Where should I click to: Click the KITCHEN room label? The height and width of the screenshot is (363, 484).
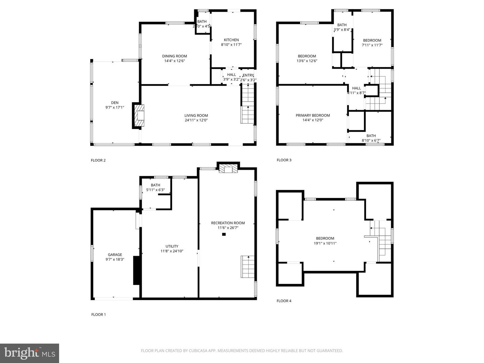pos(231,40)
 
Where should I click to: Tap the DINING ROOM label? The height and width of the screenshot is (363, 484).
pos(174,56)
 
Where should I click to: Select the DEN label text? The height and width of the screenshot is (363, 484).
pos(115,103)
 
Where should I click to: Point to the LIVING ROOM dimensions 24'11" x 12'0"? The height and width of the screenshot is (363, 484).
pos(196,120)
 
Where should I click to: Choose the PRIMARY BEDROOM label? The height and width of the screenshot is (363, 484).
pos(313,115)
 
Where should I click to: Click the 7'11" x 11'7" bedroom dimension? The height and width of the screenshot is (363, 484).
pos(372,45)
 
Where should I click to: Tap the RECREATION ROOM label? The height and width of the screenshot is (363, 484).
pos(228,223)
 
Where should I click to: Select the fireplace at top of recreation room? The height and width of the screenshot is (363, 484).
pos(228,169)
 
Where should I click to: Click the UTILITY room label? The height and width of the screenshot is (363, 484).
pos(172,246)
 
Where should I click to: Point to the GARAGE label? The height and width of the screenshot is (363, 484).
pos(115,255)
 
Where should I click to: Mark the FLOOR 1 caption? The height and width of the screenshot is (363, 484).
pos(98,315)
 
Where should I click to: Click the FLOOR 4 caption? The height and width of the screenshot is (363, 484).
pos(284,301)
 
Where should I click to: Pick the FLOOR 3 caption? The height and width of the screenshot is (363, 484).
pos(284,160)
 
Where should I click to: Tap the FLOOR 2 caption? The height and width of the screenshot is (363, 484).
pos(98,160)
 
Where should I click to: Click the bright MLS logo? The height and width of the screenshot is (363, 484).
pos(30,353)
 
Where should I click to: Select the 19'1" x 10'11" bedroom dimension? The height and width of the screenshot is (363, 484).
pos(325,243)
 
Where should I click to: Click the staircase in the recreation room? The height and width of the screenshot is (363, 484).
pos(247,267)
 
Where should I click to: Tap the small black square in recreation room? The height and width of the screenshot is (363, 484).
pos(224,234)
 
